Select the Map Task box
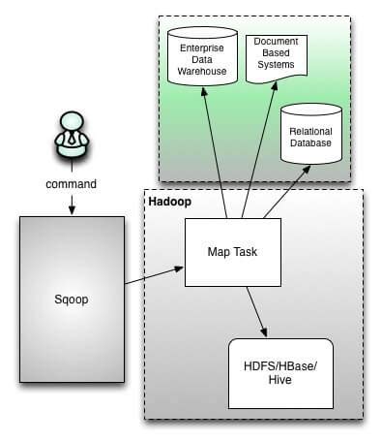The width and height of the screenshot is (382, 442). click(x=231, y=251)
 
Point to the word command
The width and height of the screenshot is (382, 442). click(x=72, y=183)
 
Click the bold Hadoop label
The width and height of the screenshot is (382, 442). click(x=168, y=201)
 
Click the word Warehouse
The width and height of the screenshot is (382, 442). click(x=201, y=70)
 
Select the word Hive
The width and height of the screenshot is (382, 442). click(x=280, y=381)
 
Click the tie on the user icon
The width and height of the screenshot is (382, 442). click(x=72, y=141)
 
